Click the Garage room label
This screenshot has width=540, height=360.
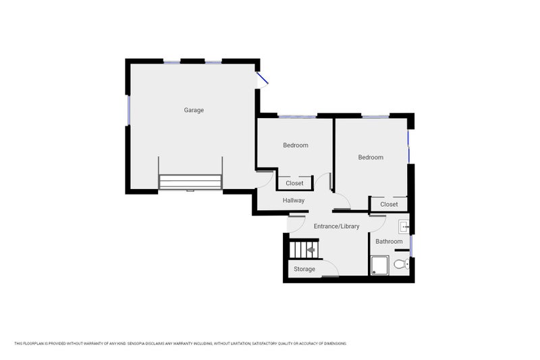pos(194,110)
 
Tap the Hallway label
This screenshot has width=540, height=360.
pos(294,201)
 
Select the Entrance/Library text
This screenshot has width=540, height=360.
pos(336,226)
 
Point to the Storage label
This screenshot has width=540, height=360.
pos(304,269)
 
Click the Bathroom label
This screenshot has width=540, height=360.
pos(389,242)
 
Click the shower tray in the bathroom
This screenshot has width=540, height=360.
pos(380,265)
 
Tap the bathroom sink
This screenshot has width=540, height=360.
pos(404,228)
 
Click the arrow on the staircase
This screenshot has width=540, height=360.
pos(311,250)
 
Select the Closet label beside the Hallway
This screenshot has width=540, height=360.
pos(294,183)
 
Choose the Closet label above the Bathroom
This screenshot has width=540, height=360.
pos(389,204)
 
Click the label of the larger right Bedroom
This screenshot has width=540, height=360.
pos(371,157)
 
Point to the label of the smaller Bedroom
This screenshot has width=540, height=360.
pos(296,145)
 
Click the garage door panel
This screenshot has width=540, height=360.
pos(190,182)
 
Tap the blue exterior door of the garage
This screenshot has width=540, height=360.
pos(262,78)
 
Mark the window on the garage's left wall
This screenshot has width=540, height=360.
pos(128,110)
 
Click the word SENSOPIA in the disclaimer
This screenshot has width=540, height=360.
pos(136,344)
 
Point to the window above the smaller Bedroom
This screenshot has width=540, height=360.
pos(297,116)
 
